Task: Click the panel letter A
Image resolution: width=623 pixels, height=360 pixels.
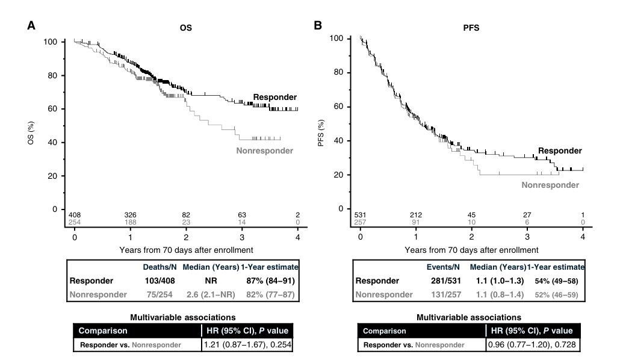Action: coord(31,25)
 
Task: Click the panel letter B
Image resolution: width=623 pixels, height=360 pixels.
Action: coord(318,25)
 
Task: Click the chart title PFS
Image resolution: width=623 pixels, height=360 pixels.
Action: coord(471,28)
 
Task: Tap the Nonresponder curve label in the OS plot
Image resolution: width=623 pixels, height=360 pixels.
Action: coord(265,151)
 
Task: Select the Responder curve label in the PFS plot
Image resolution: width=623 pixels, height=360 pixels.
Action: coord(560,151)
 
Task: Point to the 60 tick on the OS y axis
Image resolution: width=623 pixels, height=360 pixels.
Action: coord(52,109)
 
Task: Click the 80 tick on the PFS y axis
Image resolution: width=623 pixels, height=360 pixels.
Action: coord(338,72)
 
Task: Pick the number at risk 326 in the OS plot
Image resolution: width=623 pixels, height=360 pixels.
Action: coord(131,215)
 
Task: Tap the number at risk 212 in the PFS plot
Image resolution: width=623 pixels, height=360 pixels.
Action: coord(416,215)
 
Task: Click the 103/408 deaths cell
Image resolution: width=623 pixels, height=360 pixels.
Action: coord(160,281)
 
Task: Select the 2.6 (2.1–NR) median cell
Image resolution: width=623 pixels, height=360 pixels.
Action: coord(211,295)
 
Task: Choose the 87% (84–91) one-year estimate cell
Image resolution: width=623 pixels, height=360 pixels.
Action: coord(271,281)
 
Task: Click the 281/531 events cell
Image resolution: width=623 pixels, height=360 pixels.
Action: coord(446,281)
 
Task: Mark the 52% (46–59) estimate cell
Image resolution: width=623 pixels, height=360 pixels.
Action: coord(556,295)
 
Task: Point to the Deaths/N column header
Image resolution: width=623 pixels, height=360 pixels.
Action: coord(160,267)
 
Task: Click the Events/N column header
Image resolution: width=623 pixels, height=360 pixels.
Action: coord(443,267)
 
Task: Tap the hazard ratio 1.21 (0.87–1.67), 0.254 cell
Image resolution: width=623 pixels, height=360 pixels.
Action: coord(247,344)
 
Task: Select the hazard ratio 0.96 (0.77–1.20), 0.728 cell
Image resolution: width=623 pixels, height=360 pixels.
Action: coord(532,344)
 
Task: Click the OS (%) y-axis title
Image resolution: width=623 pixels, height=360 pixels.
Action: coord(31,132)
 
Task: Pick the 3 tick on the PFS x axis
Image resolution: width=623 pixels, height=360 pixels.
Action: coord(527,237)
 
